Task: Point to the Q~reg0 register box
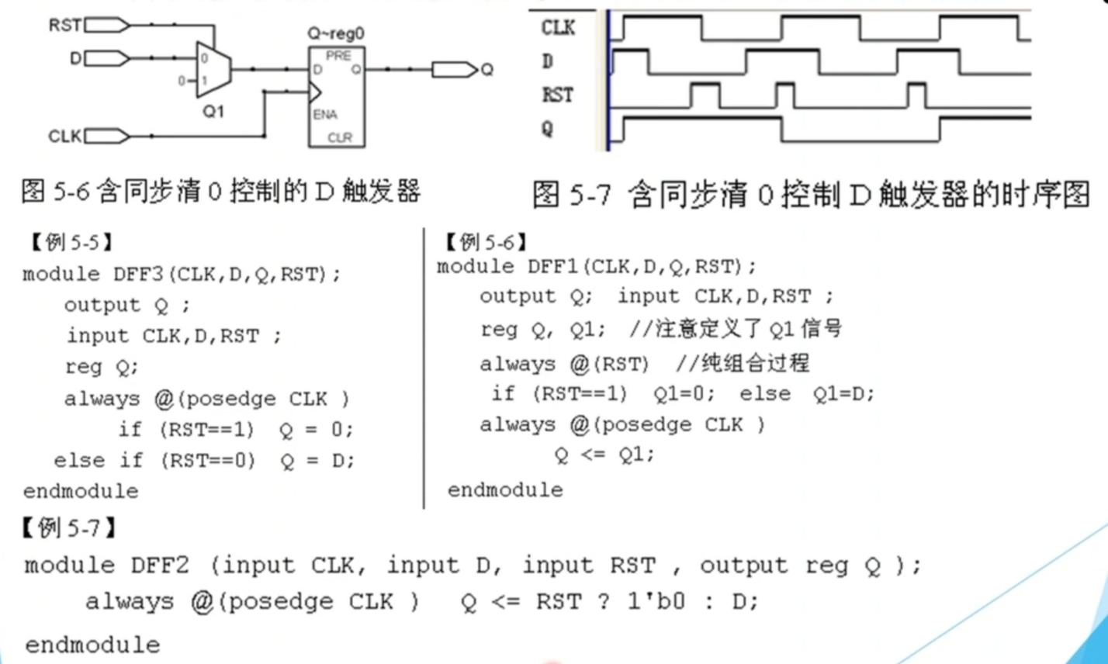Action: (338, 97)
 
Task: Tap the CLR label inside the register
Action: (340, 137)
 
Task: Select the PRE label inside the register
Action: (338, 55)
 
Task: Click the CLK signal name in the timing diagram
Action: (558, 29)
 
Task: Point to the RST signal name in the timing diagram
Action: (558, 95)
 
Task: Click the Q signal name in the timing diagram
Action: (548, 128)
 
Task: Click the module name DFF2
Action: (155, 565)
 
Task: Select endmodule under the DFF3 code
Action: (81, 491)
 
